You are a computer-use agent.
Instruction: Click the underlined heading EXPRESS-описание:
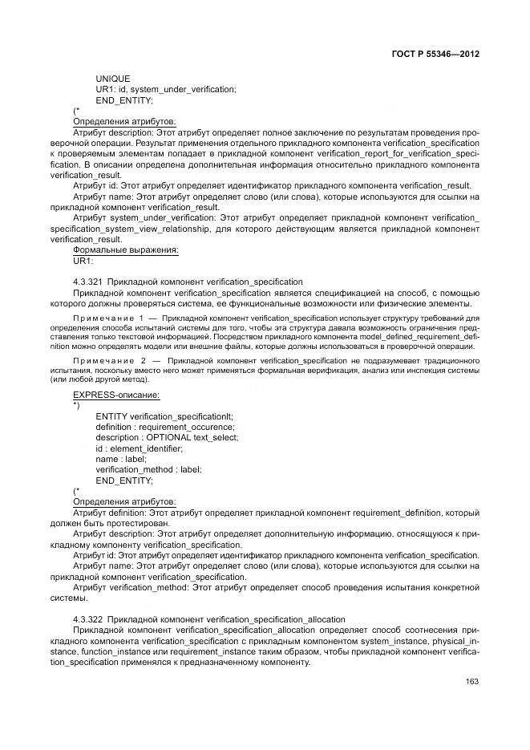pos(115,395)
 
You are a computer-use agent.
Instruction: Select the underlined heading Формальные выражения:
pos(125,249)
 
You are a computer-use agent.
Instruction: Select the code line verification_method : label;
pos(148,468)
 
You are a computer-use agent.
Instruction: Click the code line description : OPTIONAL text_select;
pos(167,437)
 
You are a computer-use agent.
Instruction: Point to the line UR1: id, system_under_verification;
pos(165,89)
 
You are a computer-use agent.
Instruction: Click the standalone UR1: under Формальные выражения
pos(83,261)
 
